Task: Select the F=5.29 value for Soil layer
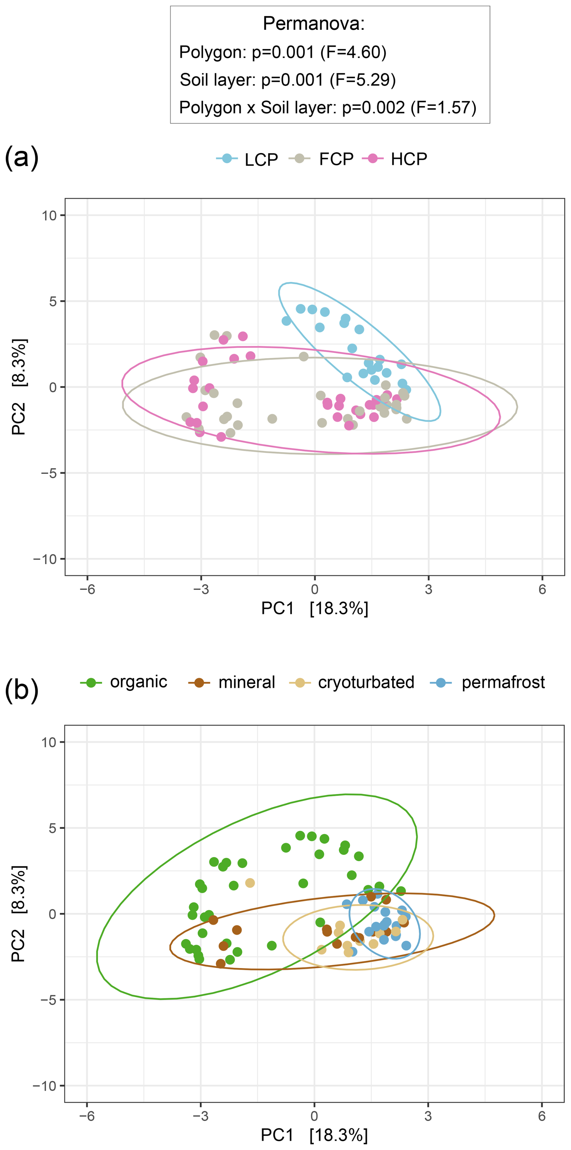(362, 80)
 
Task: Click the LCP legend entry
(261, 159)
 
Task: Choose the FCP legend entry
(336, 159)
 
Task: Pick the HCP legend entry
(409, 159)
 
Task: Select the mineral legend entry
(247, 682)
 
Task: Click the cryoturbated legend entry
(366, 682)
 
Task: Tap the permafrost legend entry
(503, 682)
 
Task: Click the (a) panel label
(21, 158)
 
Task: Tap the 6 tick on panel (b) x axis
(541, 1117)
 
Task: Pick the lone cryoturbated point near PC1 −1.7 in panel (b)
(250, 883)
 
